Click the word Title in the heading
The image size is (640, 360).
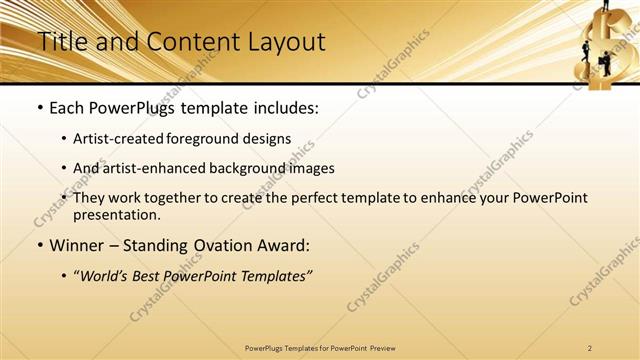click(x=61, y=42)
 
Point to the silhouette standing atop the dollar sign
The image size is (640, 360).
click(x=606, y=6)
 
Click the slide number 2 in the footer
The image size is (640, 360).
click(x=590, y=347)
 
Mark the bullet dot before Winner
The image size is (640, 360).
click(x=39, y=246)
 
